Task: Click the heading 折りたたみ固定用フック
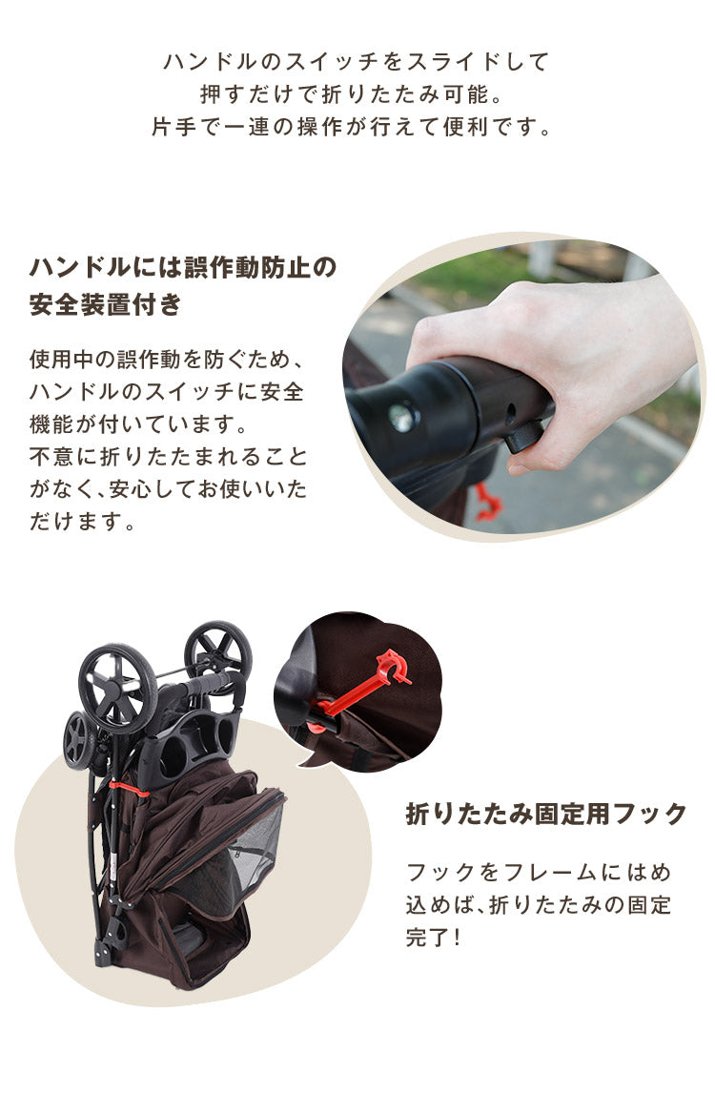tap(546, 815)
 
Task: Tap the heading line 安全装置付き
tap(105, 305)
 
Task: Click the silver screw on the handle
tap(401, 416)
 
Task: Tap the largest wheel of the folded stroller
tap(117, 688)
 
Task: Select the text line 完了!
tap(434, 937)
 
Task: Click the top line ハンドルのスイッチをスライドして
tap(357, 62)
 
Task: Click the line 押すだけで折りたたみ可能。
tap(357, 94)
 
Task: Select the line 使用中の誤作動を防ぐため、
tap(166, 360)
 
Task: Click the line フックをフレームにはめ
tap(539, 872)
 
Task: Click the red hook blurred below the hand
tap(486, 503)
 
